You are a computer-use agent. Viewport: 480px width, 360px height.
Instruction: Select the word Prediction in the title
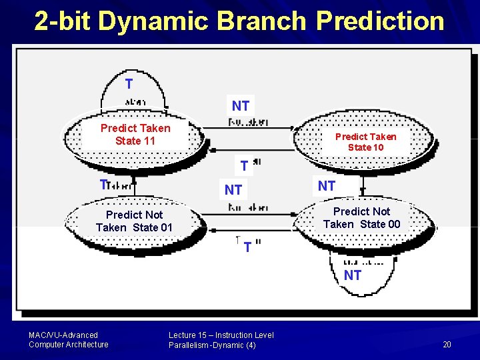[x=380, y=21]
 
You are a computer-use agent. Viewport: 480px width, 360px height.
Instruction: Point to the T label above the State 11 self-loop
[x=129, y=84]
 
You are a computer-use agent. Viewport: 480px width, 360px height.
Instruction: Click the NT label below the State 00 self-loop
[x=353, y=275]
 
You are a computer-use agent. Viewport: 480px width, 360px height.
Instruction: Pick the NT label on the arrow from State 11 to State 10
[x=241, y=105]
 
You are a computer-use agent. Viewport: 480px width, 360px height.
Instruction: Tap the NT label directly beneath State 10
[x=327, y=186]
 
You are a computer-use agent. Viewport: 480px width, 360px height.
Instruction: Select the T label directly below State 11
[x=103, y=185]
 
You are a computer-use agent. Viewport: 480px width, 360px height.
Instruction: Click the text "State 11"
[x=135, y=141]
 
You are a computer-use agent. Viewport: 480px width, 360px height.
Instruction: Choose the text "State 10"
[x=365, y=147]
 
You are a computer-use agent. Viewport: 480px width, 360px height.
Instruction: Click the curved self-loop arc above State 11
[x=134, y=73]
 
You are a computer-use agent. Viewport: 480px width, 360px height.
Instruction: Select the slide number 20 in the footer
[x=447, y=344]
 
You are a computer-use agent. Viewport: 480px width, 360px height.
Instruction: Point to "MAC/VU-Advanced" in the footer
[x=63, y=335]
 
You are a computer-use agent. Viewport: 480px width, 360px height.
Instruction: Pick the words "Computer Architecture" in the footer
[x=68, y=345]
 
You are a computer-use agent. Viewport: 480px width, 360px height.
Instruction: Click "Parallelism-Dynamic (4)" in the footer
[x=212, y=345]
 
